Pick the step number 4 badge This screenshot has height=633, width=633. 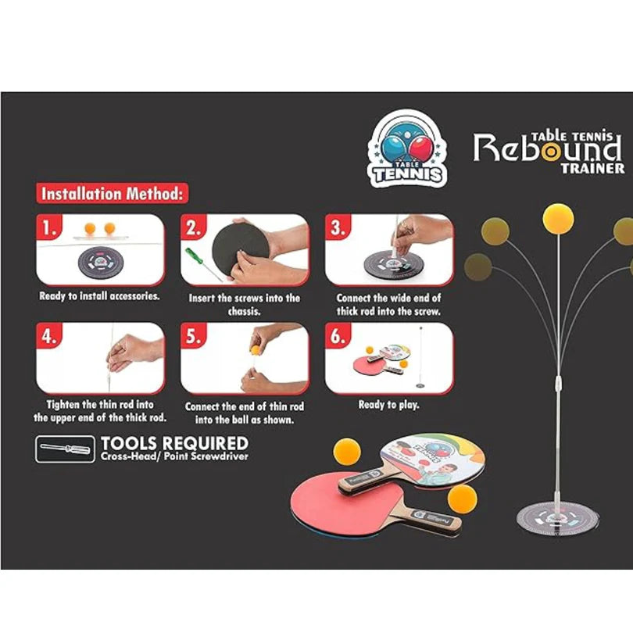click(x=50, y=337)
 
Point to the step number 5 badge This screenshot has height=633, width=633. click(x=195, y=337)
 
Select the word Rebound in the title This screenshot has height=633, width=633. click(x=547, y=148)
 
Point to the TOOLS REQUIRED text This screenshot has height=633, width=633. click(x=174, y=445)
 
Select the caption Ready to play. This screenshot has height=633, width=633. click(x=388, y=405)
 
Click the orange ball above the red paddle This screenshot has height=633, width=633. click(x=346, y=452)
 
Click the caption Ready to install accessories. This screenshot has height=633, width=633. click(x=99, y=297)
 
